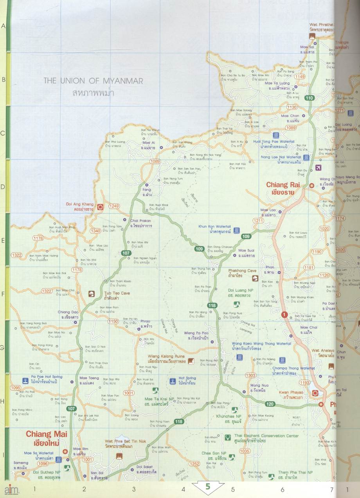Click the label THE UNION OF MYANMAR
tap(93, 81)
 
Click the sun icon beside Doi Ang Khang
tap(100, 207)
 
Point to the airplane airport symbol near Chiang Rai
tap(318, 168)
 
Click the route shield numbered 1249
tap(114, 206)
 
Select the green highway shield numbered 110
tap(310, 98)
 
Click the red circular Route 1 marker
tap(284, 314)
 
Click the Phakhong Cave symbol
tap(255, 278)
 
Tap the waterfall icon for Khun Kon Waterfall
tap(237, 230)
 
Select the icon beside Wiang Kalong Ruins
tap(191, 361)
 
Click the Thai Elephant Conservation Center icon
tap(228, 437)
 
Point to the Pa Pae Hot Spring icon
tap(25, 379)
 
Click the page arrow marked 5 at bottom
tap(208, 487)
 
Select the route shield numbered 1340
tap(95, 231)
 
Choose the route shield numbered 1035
tap(244, 451)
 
